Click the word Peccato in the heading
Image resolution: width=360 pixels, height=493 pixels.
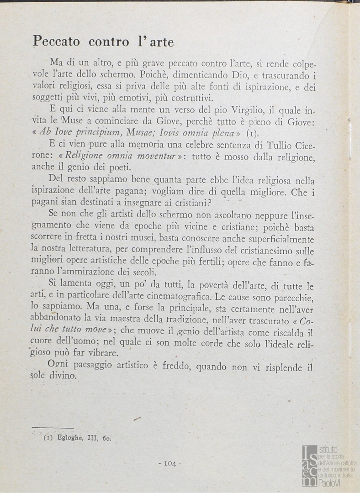[x=56, y=42]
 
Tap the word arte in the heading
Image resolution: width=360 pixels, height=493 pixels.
[x=160, y=42]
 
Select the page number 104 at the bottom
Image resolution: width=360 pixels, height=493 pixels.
[x=169, y=463]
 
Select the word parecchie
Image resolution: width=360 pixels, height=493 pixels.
[x=291, y=298]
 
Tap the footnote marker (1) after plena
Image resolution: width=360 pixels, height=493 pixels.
[x=253, y=133]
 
